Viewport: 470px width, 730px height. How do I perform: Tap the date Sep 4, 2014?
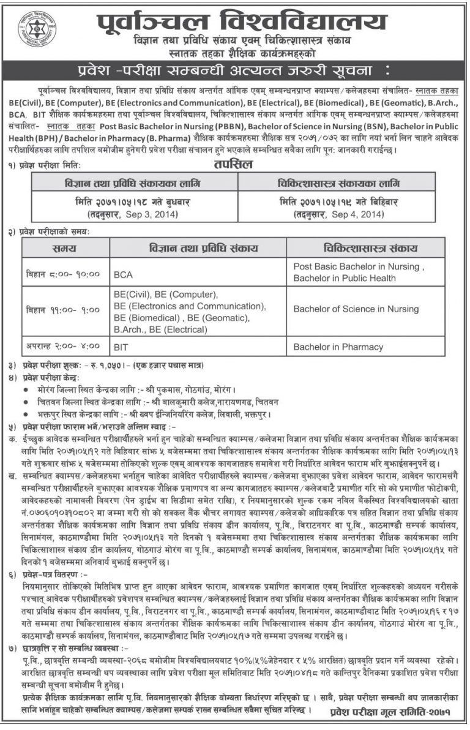(356, 214)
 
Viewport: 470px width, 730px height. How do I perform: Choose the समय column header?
(64, 249)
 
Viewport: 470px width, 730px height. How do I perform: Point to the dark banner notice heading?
(235, 66)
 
